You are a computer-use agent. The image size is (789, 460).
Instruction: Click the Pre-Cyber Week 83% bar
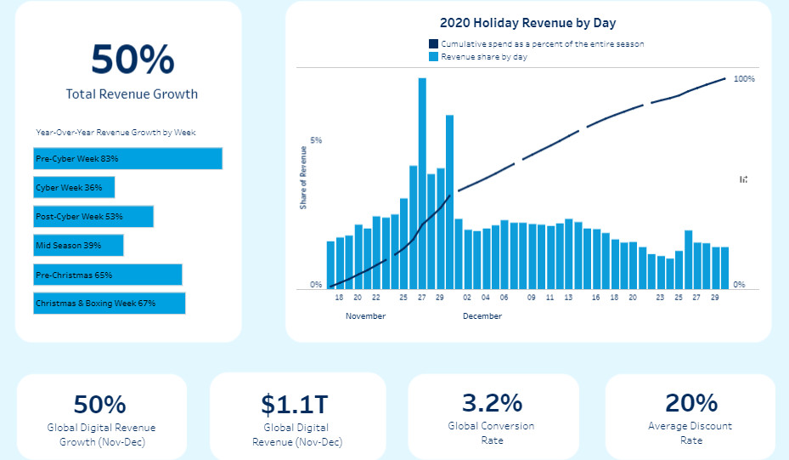pyautogui.click(x=127, y=159)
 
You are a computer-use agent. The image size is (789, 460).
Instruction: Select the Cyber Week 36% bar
pyautogui.click(x=74, y=188)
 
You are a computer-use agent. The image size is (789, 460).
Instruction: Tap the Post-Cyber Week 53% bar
pyautogui.click(x=93, y=217)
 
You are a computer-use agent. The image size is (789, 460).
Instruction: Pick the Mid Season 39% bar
pyautogui.click(x=78, y=246)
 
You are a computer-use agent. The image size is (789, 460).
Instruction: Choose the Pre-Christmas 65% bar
pyautogui.click(x=108, y=275)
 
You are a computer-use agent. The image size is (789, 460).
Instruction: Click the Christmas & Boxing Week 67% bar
pyautogui.click(x=109, y=304)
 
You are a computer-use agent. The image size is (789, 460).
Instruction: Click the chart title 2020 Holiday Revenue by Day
pyautogui.click(x=527, y=23)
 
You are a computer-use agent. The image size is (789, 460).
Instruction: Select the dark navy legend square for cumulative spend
pyautogui.click(x=433, y=44)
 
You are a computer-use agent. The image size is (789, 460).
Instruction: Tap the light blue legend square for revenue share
pyautogui.click(x=433, y=57)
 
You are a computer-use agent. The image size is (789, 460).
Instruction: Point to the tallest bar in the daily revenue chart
pyautogui.click(x=422, y=183)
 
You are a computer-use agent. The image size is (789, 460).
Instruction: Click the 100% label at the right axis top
pyautogui.click(x=744, y=79)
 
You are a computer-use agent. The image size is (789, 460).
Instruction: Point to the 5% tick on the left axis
pyautogui.click(x=316, y=140)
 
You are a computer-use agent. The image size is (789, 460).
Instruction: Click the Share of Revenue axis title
pyautogui.click(x=303, y=178)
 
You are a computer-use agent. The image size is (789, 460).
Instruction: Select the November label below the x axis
pyautogui.click(x=365, y=316)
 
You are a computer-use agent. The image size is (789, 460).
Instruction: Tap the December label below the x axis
pyautogui.click(x=482, y=316)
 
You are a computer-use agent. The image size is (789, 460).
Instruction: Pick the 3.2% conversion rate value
pyautogui.click(x=492, y=403)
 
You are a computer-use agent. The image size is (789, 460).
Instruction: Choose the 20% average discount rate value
pyautogui.click(x=691, y=403)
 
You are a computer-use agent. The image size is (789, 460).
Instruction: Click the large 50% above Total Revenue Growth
pyautogui.click(x=132, y=60)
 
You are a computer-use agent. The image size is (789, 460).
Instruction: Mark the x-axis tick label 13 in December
pyautogui.click(x=568, y=298)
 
